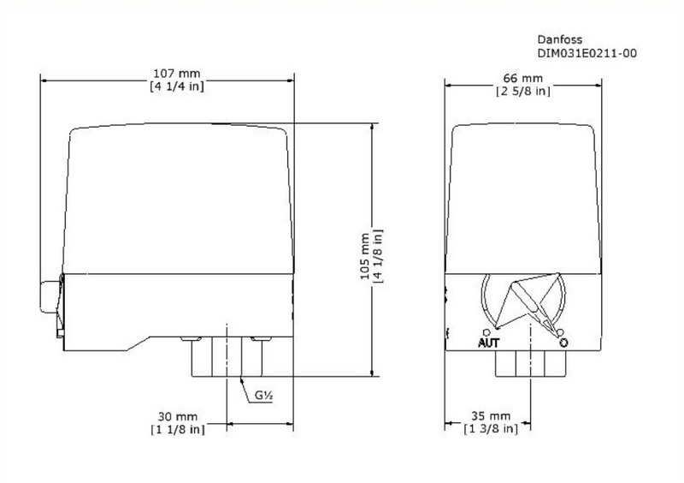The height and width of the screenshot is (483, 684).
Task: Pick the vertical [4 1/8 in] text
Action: (x=378, y=256)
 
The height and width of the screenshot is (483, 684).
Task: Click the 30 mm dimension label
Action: (x=177, y=415)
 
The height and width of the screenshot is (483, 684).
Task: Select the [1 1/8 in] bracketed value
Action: (x=177, y=429)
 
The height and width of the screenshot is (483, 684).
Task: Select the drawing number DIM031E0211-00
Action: (x=587, y=53)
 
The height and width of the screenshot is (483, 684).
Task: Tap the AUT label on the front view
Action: (x=487, y=343)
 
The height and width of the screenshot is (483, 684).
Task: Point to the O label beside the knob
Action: (x=564, y=343)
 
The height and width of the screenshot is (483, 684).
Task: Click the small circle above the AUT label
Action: (x=486, y=331)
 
